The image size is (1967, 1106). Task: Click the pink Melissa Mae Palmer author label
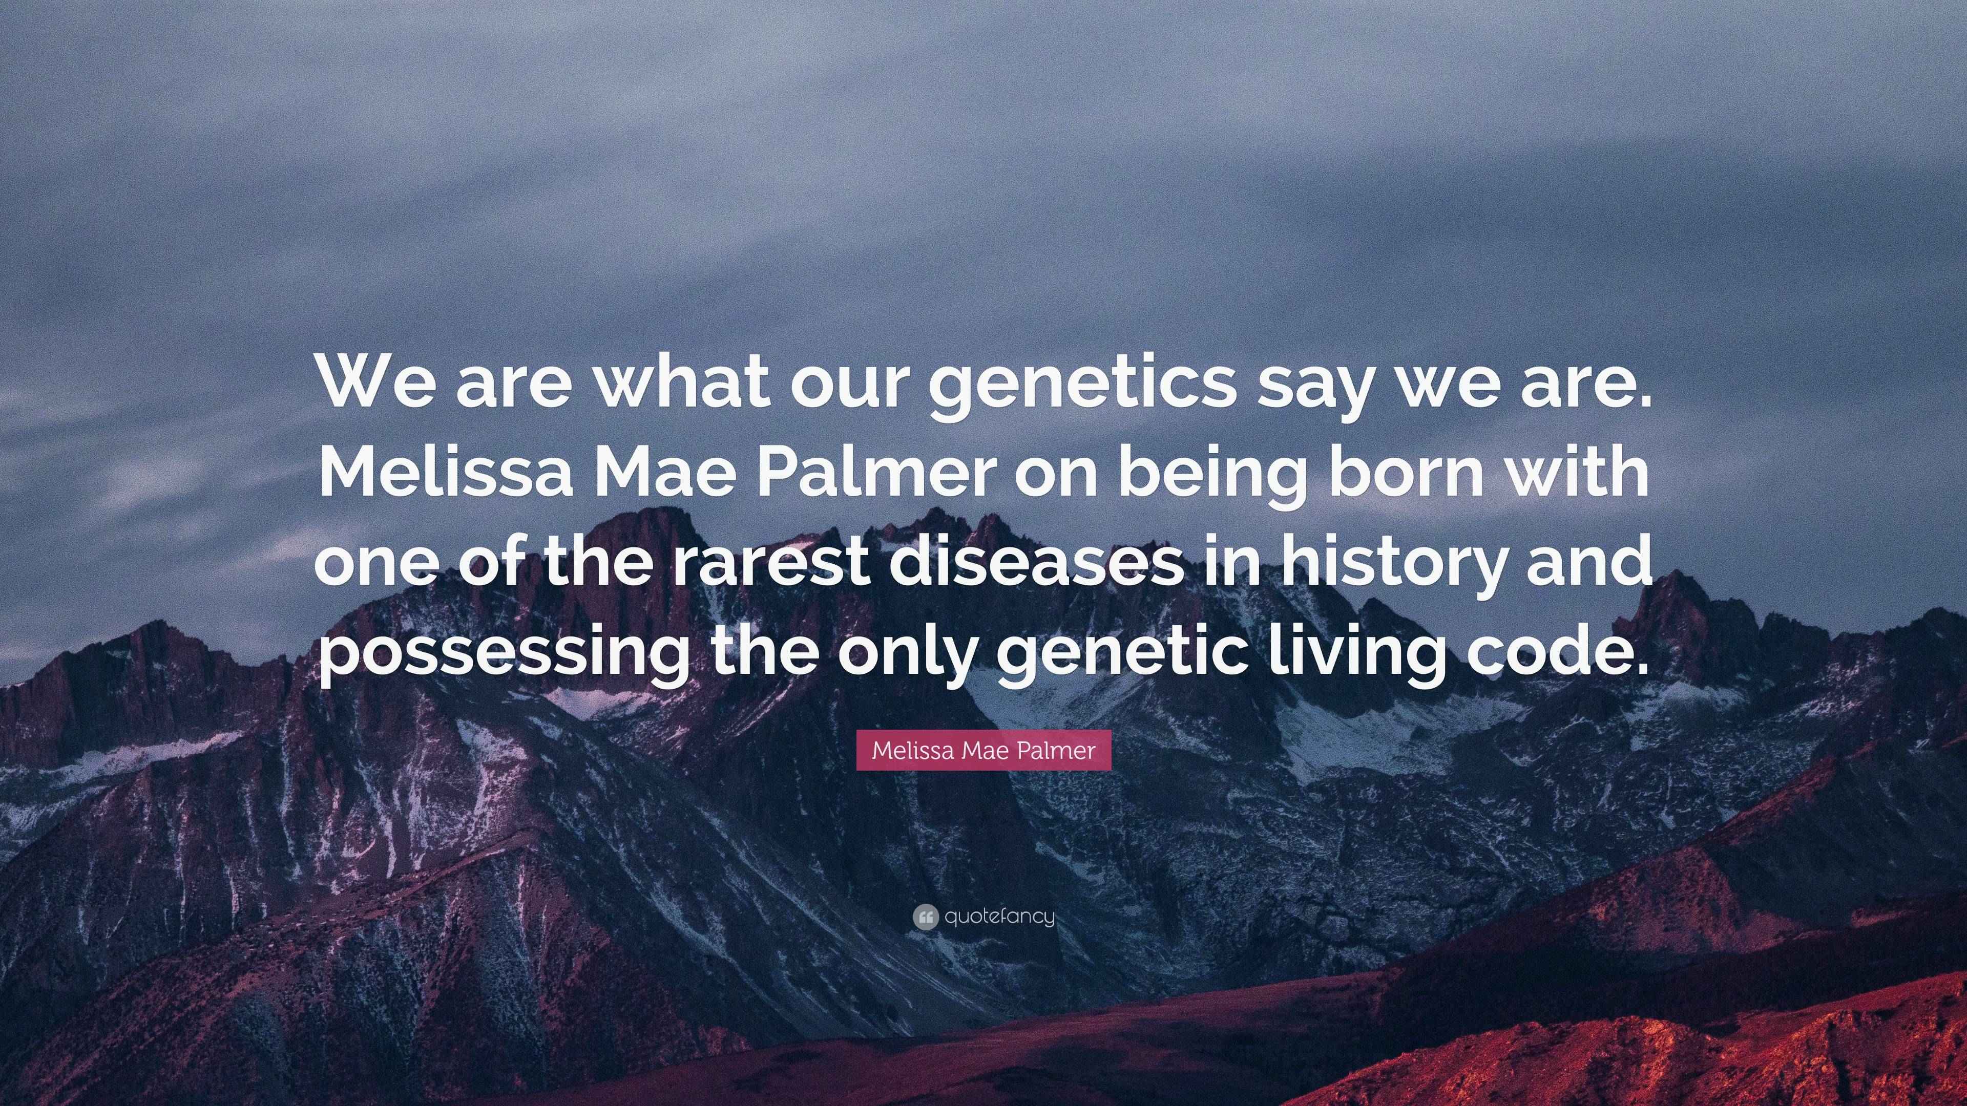click(983, 750)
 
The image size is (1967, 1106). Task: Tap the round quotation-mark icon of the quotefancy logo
click(925, 917)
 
